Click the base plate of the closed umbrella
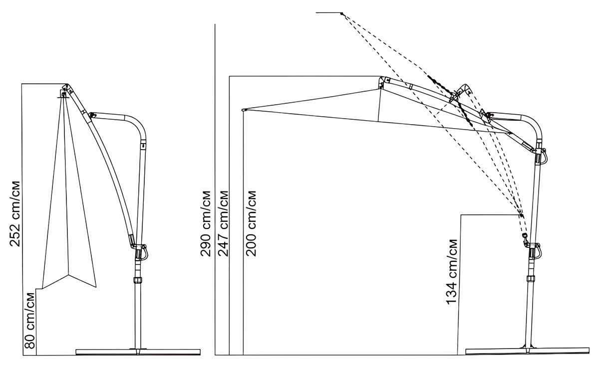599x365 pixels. [x=137, y=352]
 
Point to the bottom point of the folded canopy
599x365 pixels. [x=68, y=275]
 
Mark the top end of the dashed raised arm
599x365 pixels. [x=342, y=13]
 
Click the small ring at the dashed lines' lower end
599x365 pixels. [x=524, y=235]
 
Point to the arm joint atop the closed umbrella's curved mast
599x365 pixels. [x=91, y=115]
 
